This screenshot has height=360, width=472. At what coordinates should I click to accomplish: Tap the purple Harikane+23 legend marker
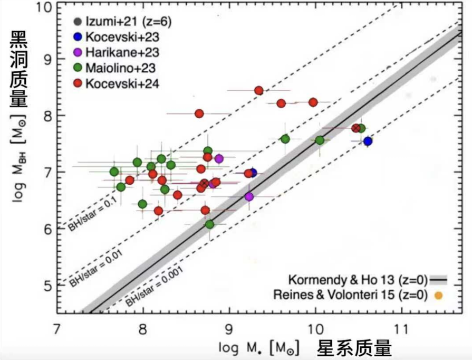[x=78, y=52]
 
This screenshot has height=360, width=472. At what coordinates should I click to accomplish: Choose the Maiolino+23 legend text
[x=122, y=68]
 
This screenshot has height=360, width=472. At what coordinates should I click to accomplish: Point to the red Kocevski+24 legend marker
[x=78, y=83]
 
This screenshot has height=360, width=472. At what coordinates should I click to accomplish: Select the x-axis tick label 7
[x=56, y=330]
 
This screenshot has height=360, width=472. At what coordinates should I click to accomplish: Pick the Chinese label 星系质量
[x=354, y=348]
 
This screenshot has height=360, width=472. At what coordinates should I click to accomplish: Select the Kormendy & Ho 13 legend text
[x=358, y=279]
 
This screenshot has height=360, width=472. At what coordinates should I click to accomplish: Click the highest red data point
[x=259, y=90]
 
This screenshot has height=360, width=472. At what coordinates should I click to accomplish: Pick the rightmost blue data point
[x=368, y=141]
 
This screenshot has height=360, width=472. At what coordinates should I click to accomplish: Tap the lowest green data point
[x=210, y=224]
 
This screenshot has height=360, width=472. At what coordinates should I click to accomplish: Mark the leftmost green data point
[x=114, y=172]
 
